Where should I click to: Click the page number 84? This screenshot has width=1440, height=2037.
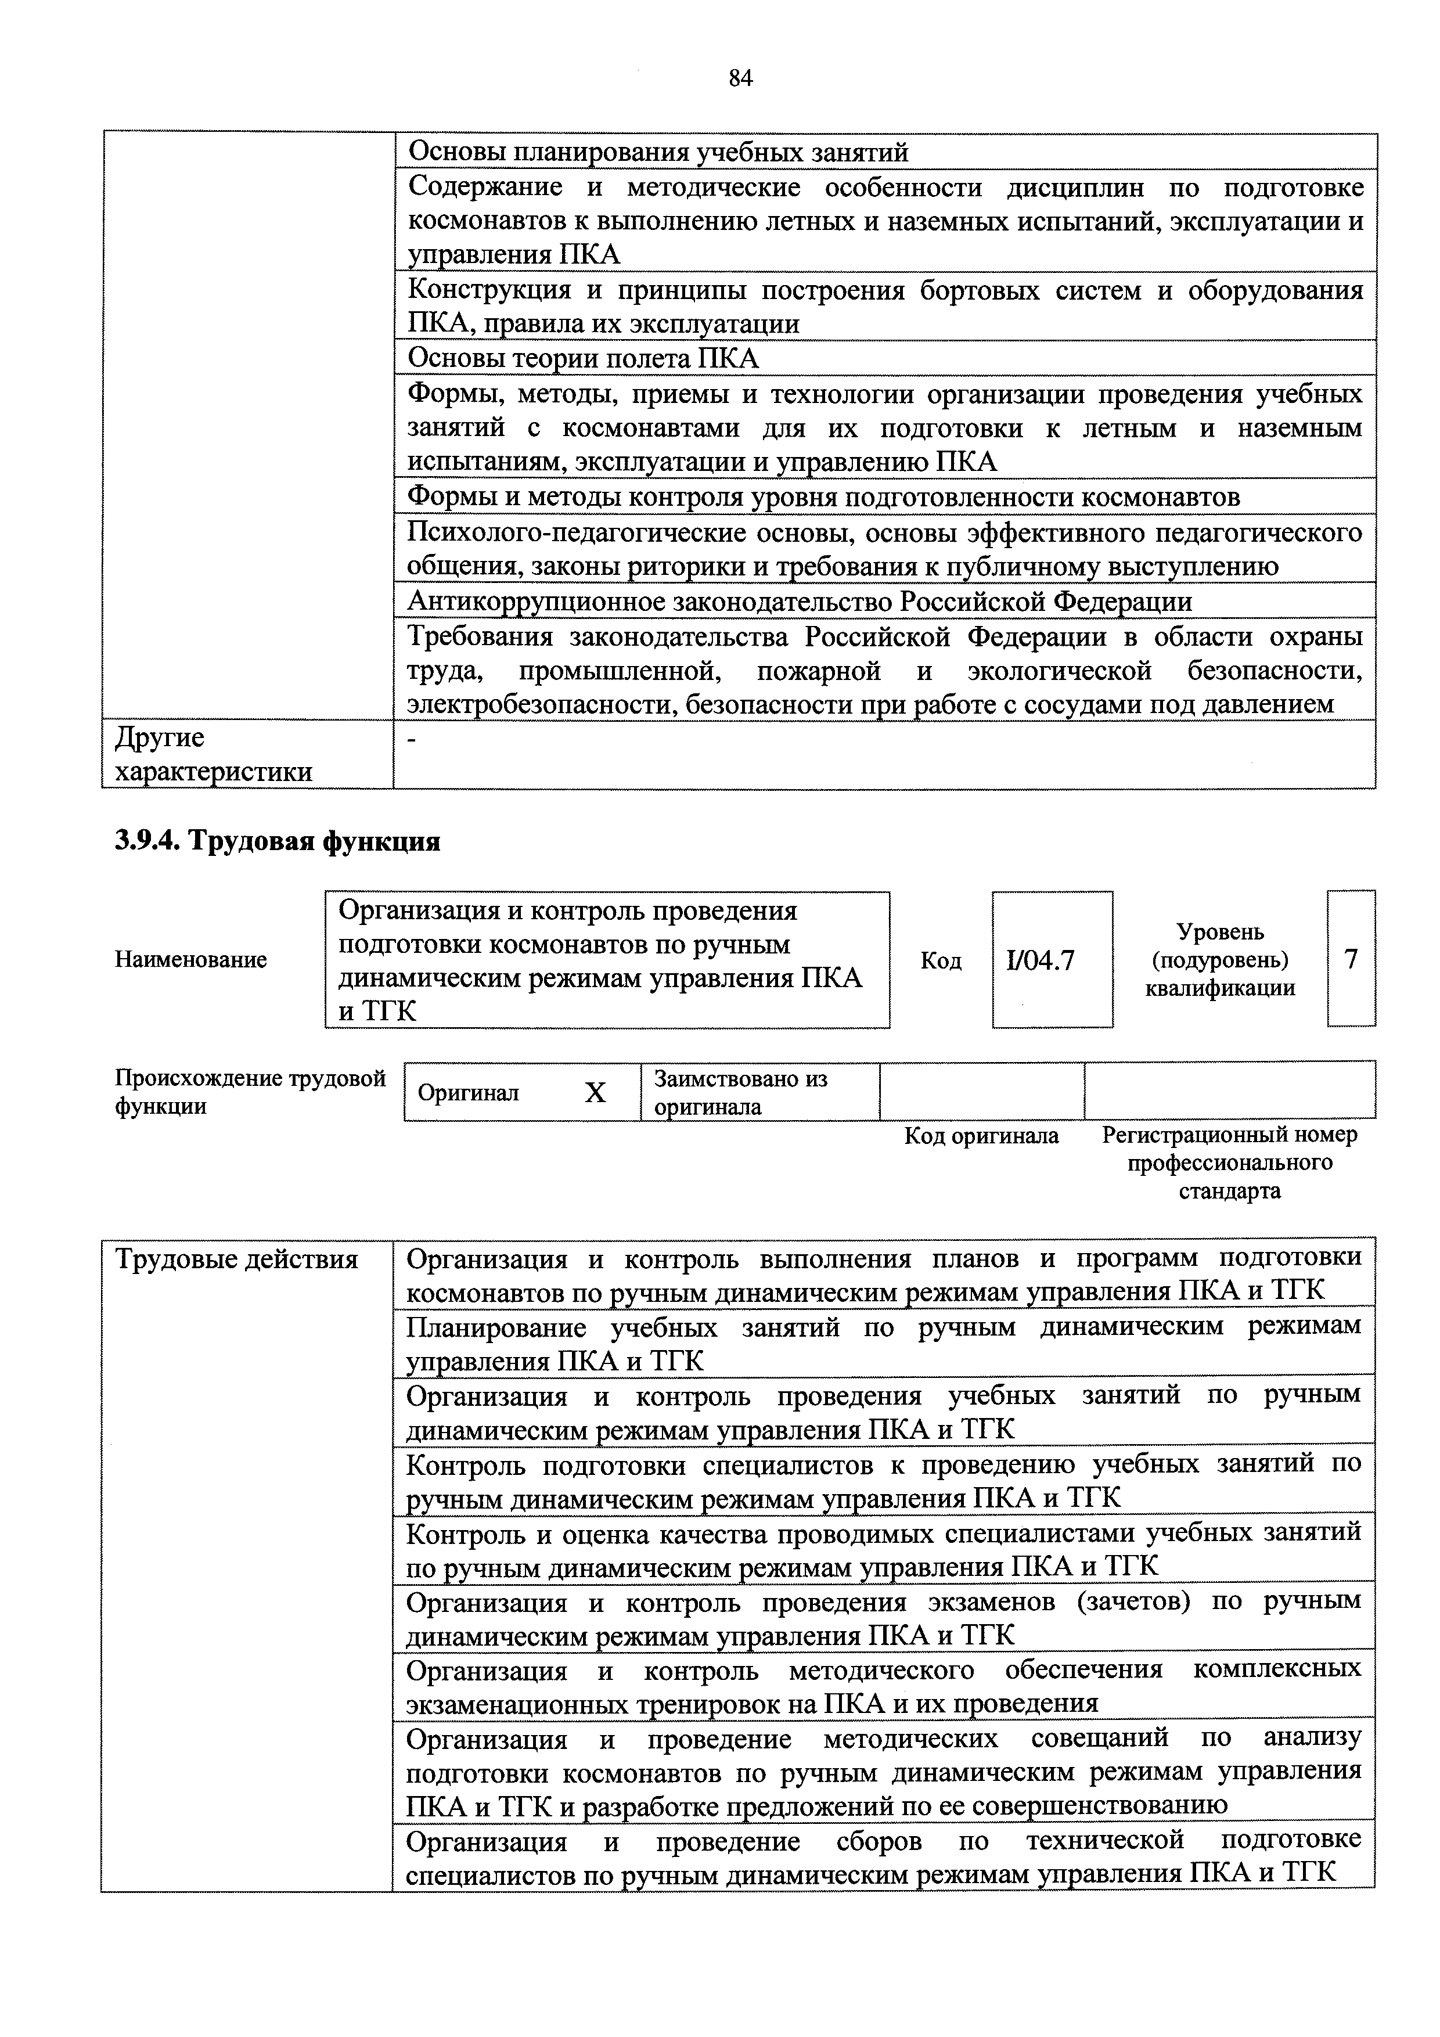[740, 79]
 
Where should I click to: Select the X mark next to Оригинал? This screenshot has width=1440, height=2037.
[595, 1093]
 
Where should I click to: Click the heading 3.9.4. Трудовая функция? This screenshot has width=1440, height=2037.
[278, 840]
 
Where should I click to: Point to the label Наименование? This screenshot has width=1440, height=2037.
[191, 960]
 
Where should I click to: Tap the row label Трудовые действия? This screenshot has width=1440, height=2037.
[237, 1259]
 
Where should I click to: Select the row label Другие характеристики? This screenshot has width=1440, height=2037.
[214, 754]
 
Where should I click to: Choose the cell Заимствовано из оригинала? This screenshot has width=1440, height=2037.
[741, 1092]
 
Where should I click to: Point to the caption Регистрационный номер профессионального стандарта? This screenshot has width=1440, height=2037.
[1229, 1163]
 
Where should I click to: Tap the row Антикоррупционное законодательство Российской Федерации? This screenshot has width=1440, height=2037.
[798, 602]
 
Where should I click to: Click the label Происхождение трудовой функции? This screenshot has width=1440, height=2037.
[250, 1092]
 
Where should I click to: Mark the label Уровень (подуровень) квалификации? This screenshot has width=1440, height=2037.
[1219, 960]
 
